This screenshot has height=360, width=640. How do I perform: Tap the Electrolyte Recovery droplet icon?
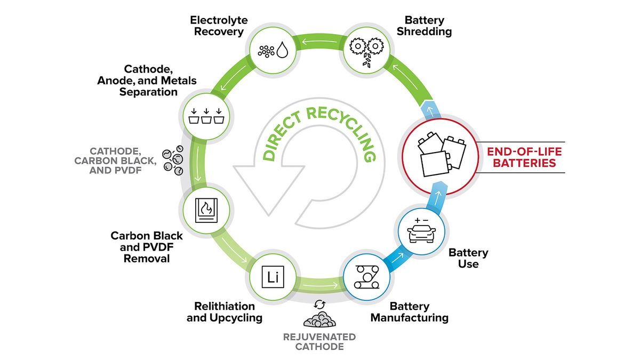click(283, 51)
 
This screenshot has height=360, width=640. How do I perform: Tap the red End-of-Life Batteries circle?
click(438, 156)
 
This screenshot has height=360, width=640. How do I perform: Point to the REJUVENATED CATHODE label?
click(319, 342)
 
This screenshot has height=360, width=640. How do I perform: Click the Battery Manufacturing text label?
click(409, 313)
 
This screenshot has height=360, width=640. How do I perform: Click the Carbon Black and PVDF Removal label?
click(147, 247)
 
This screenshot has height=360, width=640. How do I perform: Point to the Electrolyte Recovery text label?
click(219, 26)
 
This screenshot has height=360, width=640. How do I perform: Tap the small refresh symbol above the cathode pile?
click(319, 304)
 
